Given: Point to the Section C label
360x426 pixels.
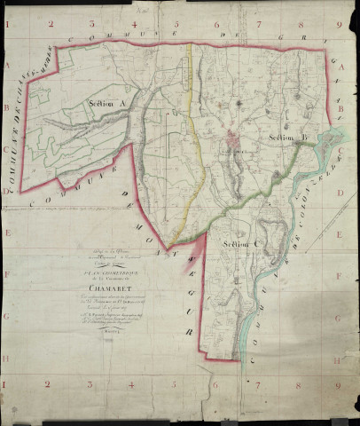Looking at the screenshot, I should pyautogui.click(x=239, y=244).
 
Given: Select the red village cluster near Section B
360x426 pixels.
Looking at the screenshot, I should pyautogui.click(x=235, y=138).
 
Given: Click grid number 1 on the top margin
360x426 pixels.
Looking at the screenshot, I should pyautogui.click(x=10, y=25).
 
